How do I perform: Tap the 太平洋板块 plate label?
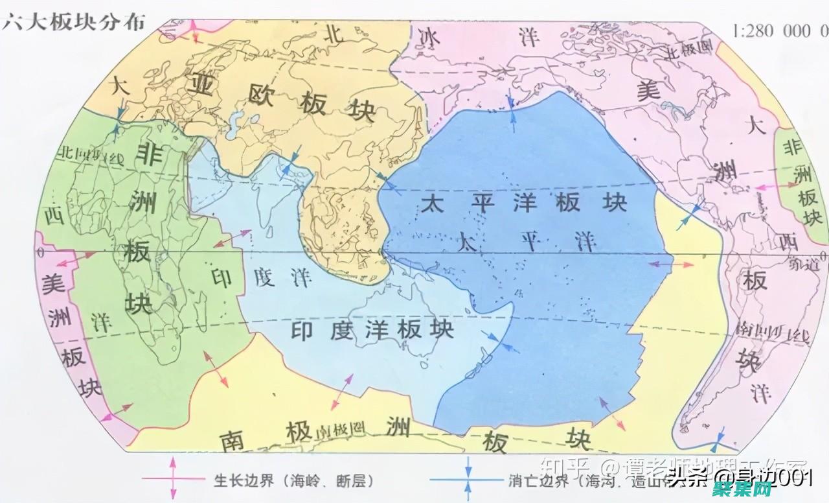pyautogui.click(x=524, y=204)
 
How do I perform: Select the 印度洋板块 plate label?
pyautogui.click(x=372, y=330)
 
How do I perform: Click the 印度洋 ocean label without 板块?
pyautogui.click(x=262, y=277)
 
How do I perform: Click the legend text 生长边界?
pyautogui.click(x=239, y=481)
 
